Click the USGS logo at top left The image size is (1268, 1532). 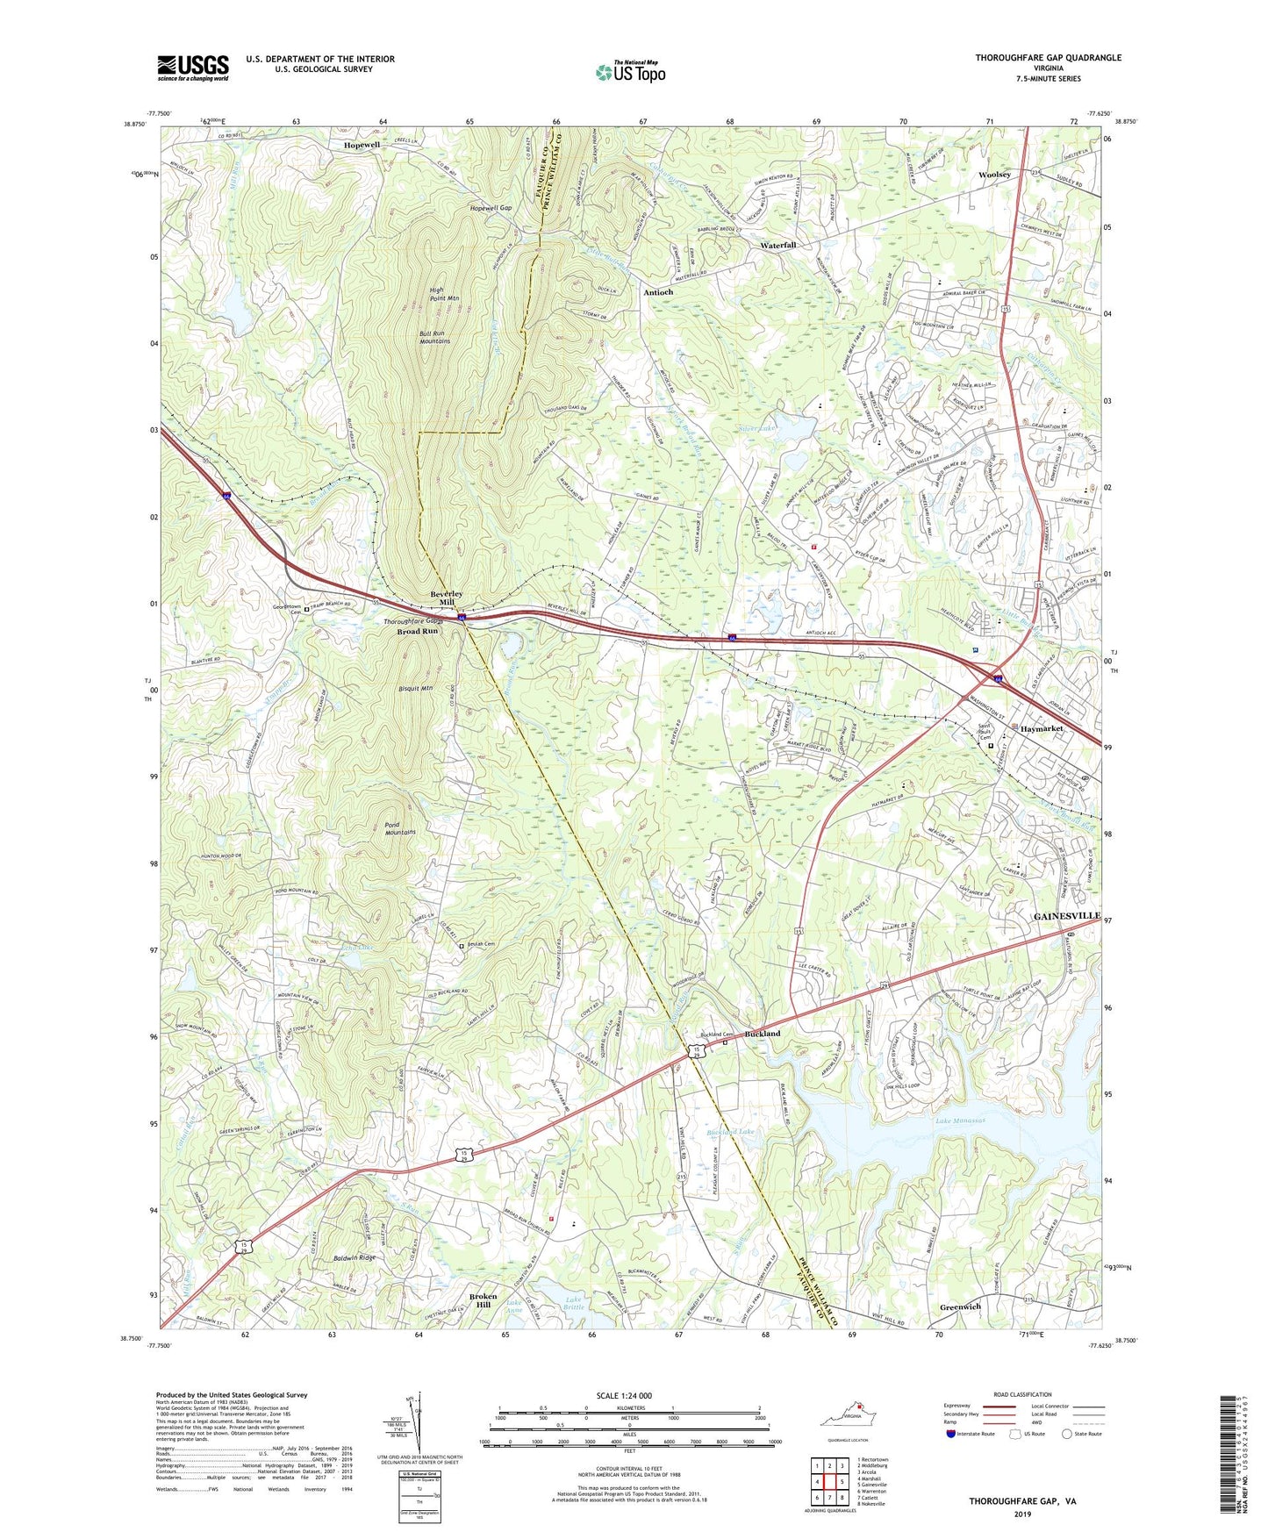coord(193,67)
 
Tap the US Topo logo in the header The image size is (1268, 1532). coord(629,72)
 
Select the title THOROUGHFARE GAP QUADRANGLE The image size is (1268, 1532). coord(1048,58)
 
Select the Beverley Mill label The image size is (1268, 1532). coord(448,598)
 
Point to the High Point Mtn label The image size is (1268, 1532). coord(445,294)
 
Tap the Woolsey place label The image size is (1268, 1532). coord(994,175)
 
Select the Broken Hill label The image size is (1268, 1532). coord(483,1300)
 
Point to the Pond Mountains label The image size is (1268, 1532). coord(399,827)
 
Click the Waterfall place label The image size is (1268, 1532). coord(777,245)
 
